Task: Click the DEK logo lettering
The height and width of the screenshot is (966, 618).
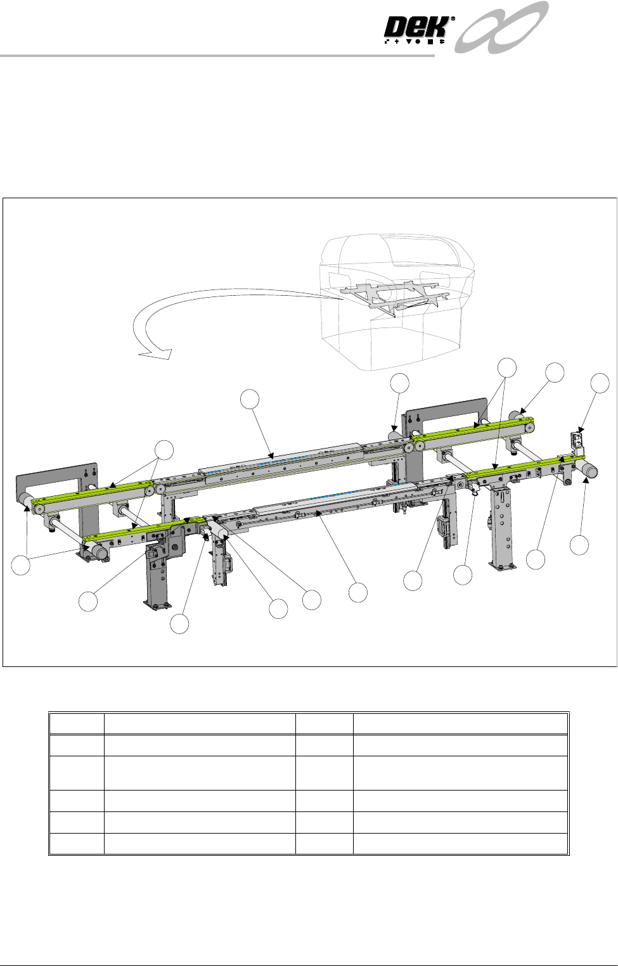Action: pos(416,29)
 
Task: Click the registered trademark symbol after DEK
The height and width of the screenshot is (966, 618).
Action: pos(453,20)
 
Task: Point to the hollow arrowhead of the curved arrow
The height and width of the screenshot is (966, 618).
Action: pos(156,353)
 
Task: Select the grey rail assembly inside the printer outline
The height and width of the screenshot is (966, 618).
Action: pos(395,298)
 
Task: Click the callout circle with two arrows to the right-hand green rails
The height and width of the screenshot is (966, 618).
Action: pos(507,367)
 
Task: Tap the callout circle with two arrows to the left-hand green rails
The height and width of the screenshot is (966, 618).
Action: pos(164,450)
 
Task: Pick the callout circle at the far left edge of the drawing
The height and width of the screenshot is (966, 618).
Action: pos(21,566)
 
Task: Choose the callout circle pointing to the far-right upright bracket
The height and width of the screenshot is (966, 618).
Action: pos(600,383)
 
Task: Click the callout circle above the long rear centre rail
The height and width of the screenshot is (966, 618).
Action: pos(250,399)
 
